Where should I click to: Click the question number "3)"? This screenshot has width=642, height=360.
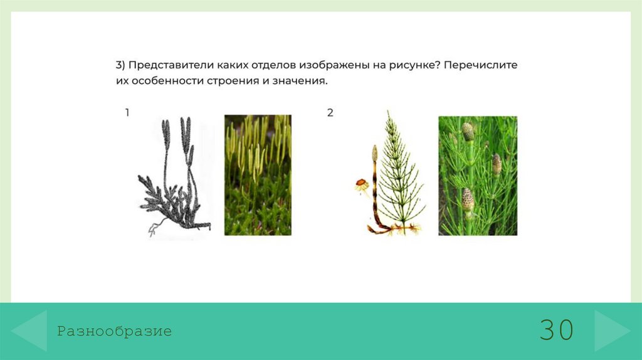tap(120, 65)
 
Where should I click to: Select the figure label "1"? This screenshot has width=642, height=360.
tap(127, 113)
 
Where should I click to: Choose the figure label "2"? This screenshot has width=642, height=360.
tap(330, 113)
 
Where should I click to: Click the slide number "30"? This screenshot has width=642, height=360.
tap(556, 331)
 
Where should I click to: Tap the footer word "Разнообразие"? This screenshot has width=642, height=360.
tap(114, 331)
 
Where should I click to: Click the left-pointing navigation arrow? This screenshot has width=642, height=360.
tap(29, 330)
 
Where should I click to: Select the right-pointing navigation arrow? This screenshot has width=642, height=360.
tap(611, 330)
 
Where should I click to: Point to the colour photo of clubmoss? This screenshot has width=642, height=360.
tap(258, 175)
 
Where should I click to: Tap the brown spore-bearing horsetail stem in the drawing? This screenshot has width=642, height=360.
tap(374, 188)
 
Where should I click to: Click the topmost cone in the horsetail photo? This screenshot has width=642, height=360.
tap(468, 131)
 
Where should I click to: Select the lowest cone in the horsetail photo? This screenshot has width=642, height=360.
tap(468, 199)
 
